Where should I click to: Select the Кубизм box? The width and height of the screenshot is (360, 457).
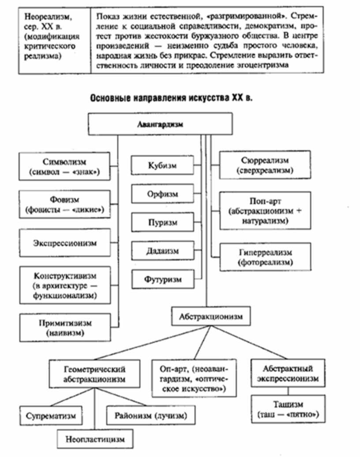click(162, 166)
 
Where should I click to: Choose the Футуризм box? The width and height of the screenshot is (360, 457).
click(162, 279)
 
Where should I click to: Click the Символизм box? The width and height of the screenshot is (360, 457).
click(65, 166)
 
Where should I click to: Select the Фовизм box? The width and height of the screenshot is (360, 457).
click(65, 205)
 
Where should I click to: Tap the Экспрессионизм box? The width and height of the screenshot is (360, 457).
click(65, 243)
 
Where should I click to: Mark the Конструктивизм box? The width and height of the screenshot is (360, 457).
click(65, 285)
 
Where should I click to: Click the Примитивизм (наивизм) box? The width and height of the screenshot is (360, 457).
click(65, 327)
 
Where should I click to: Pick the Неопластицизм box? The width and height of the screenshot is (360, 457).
click(95, 439)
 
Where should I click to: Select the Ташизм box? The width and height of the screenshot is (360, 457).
click(289, 410)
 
